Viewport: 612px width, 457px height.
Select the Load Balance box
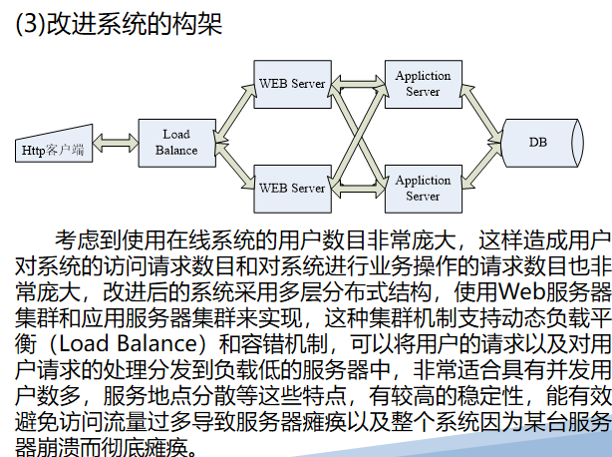click(x=175, y=143)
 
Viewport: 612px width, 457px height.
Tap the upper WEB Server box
click(x=291, y=83)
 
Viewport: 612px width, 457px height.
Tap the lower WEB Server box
click(x=291, y=188)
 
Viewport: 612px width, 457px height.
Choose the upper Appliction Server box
click(x=423, y=83)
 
